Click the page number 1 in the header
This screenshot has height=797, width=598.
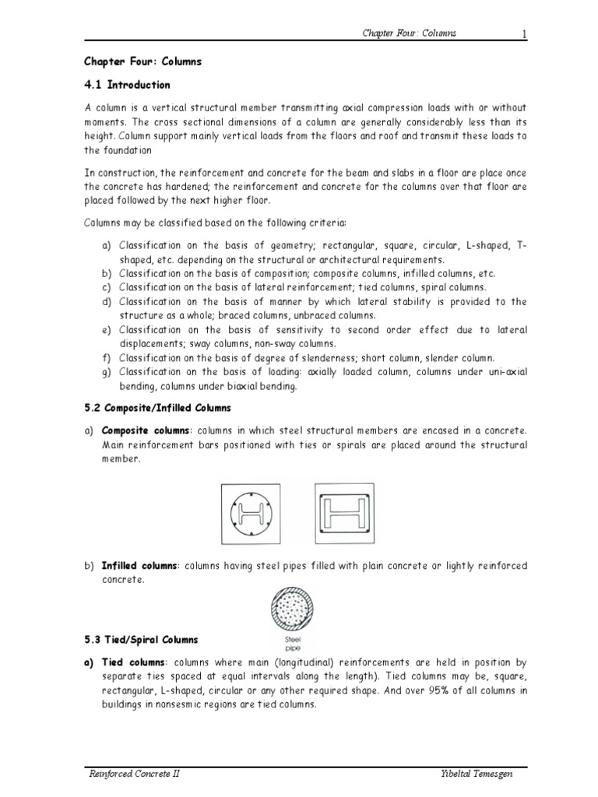[524, 33]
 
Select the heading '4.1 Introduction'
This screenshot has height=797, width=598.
[127, 84]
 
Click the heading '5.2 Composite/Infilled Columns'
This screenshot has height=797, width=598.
[157, 407]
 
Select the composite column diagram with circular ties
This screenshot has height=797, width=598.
[253, 514]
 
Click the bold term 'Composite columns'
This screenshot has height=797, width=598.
[146, 430]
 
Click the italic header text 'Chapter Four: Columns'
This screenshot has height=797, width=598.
[409, 33]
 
